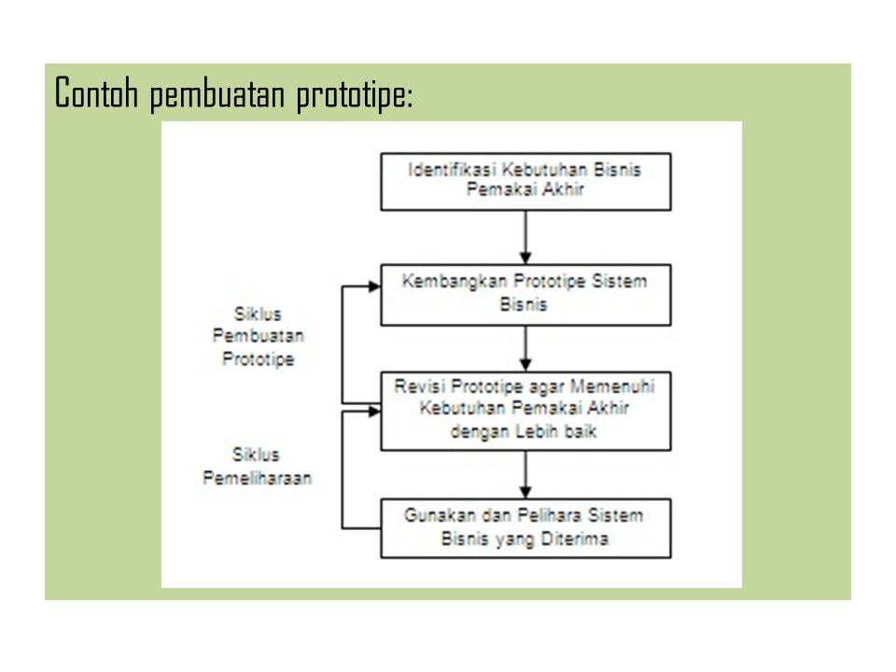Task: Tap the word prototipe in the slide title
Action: [x=350, y=95]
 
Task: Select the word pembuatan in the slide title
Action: [x=220, y=95]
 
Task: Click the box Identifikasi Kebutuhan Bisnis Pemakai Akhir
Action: [x=525, y=181]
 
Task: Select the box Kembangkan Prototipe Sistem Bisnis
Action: [x=525, y=294]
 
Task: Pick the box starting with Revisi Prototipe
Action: [x=525, y=410]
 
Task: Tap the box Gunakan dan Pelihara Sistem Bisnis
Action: [x=525, y=527]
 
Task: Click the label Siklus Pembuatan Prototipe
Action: [x=258, y=335]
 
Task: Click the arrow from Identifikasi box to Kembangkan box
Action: [x=526, y=237]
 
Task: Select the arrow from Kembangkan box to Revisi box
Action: [x=526, y=349]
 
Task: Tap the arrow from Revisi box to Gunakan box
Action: [x=526, y=474]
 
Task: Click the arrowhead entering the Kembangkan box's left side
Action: [x=373, y=287]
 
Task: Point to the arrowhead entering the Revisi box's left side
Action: [x=373, y=407]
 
